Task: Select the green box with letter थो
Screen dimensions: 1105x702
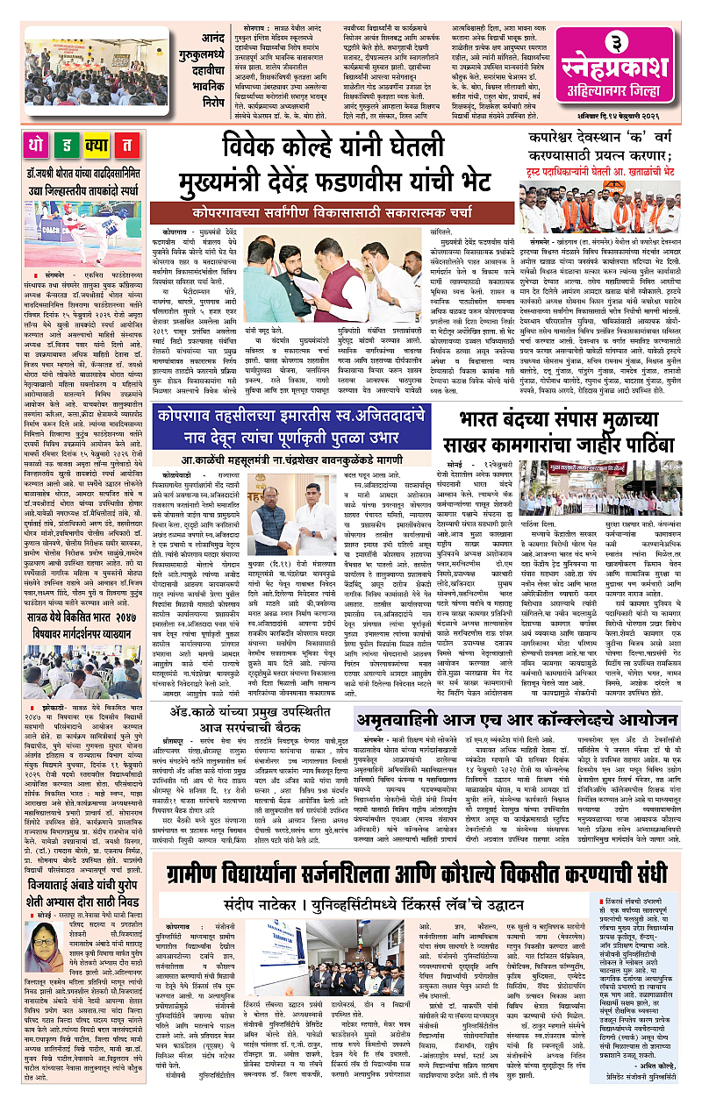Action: coord(41,145)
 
